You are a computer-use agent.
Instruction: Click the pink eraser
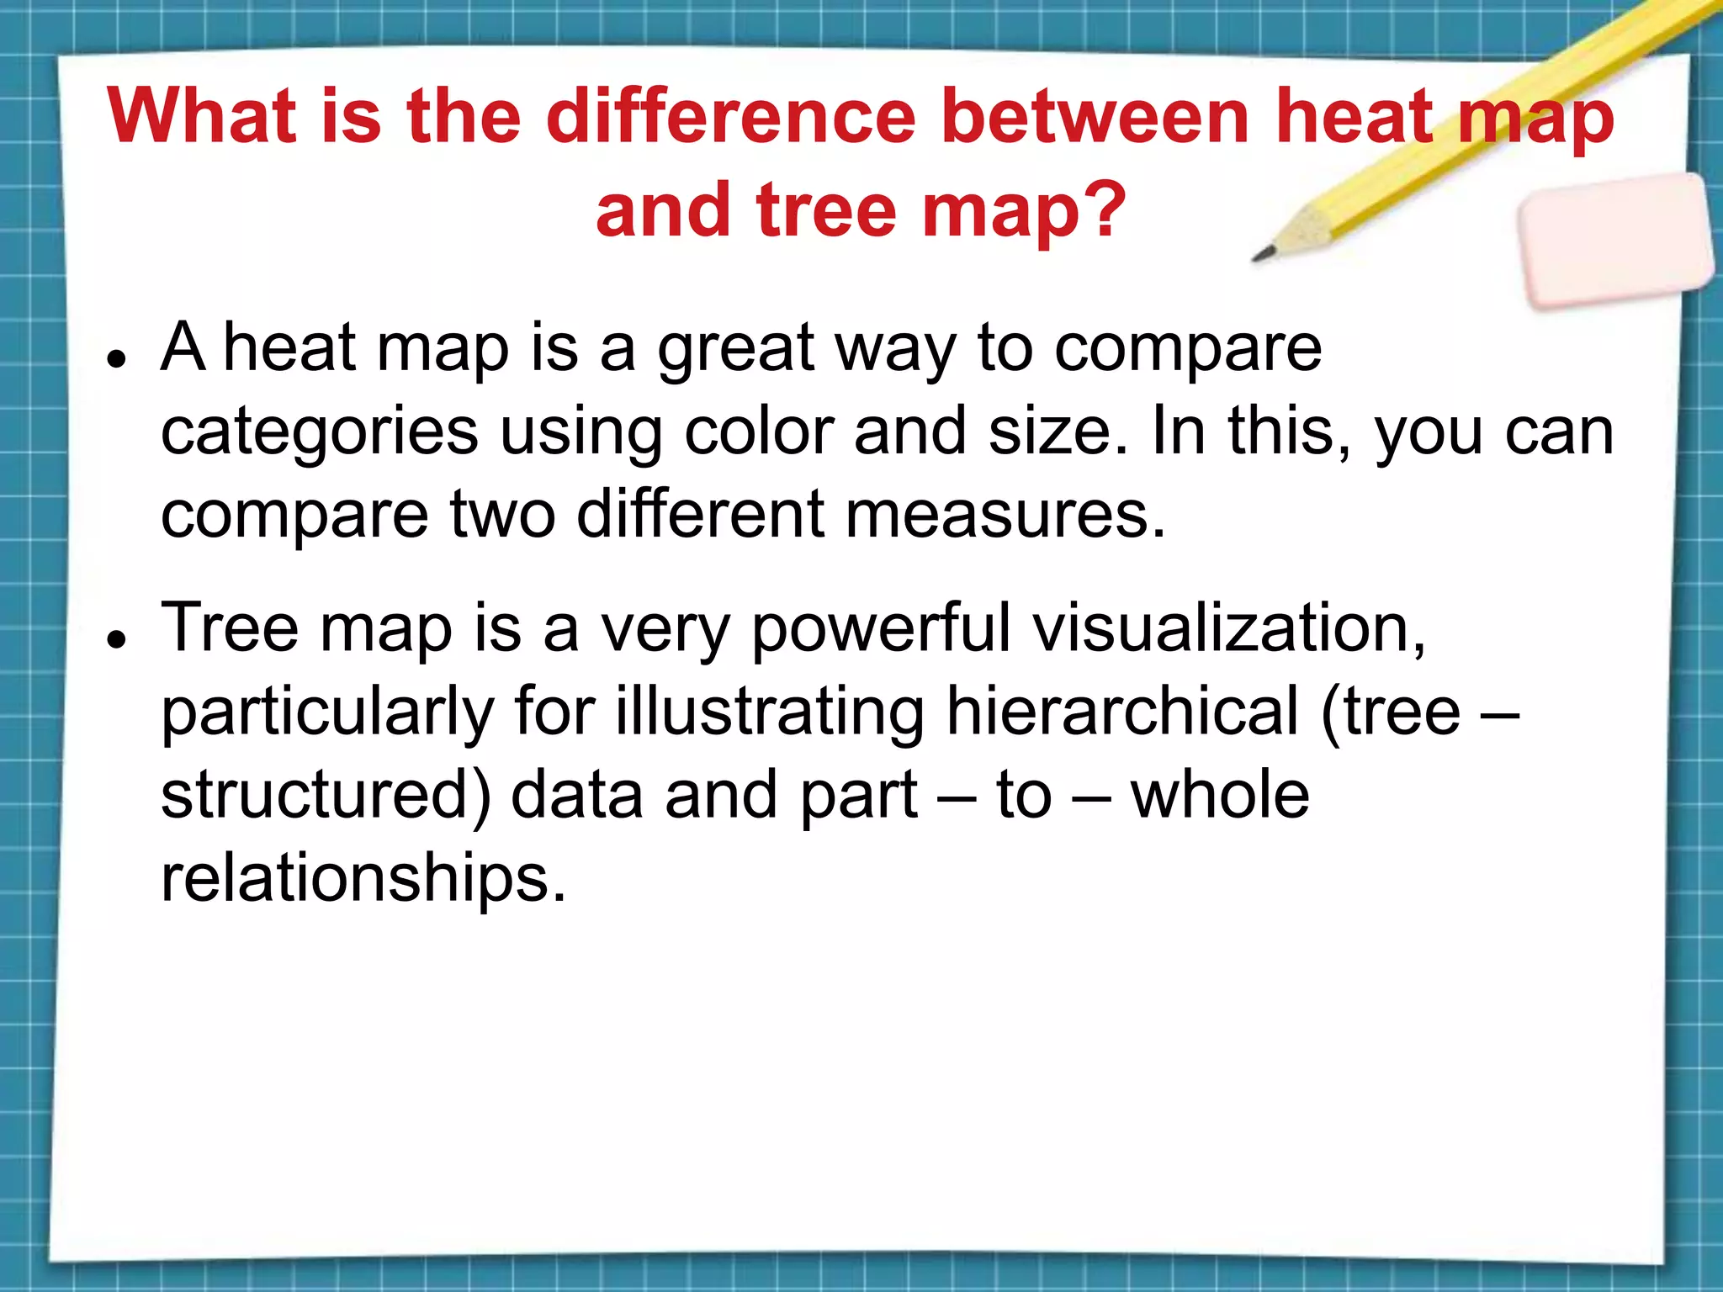[x=1616, y=240]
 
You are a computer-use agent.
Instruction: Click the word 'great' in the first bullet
[x=736, y=349]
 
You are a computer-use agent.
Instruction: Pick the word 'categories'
[x=320, y=433]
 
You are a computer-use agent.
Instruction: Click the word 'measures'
[x=1005, y=514]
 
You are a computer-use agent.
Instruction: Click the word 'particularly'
[x=326, y=713]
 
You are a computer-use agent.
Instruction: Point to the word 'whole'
[x=1220, y=795]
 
